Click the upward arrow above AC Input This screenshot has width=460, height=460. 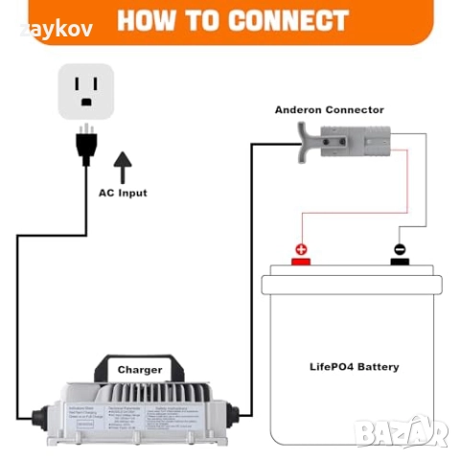click(123, 167)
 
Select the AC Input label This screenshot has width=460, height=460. click(123, 193)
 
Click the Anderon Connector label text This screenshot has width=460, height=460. click(329, 110)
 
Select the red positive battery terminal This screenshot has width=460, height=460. click(301, 254)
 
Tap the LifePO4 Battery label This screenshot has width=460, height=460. click(354, 367)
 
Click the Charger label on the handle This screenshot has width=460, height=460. click(140, 369)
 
